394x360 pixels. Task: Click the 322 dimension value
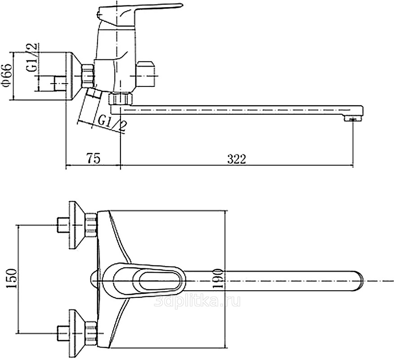(x=237, y=159)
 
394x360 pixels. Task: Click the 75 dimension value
(x=94, y=158)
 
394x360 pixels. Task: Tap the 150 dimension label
(x=11, y=279)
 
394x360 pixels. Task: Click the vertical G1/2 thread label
(x=31, y=58)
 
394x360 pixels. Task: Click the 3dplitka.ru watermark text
(x=197, y=301)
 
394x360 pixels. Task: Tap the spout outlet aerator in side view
(x=353, y=118)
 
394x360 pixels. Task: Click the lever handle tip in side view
(x=180, y=5)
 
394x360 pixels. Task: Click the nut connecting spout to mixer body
(x=121, y=99)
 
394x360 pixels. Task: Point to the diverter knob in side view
(x=146, y=74)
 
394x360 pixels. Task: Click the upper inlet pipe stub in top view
(x=63, y=225)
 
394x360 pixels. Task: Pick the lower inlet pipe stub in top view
(x=63, y=333)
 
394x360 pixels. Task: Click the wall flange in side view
(x=73, y=76)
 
